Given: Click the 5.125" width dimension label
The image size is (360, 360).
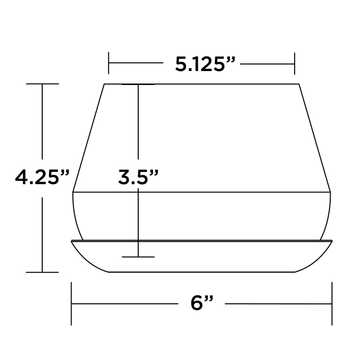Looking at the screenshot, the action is pos(206,64).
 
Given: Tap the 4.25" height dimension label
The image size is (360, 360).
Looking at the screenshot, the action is pos(42,177).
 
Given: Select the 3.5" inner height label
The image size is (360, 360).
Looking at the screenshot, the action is pos(138,177).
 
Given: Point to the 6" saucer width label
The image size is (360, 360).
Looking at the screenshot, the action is pos(202,303).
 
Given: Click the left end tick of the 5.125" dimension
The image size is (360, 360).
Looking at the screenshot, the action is pos(109,63).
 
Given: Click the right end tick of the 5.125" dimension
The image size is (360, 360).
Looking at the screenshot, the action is pos(294,63).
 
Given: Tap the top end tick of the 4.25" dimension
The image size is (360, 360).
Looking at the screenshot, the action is pos(42,84).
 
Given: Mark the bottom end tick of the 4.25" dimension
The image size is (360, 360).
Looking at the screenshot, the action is pos(42,272).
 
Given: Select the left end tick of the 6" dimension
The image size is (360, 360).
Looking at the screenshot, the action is pos(71,303).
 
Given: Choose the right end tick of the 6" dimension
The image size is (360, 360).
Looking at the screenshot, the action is pos(332,303).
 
